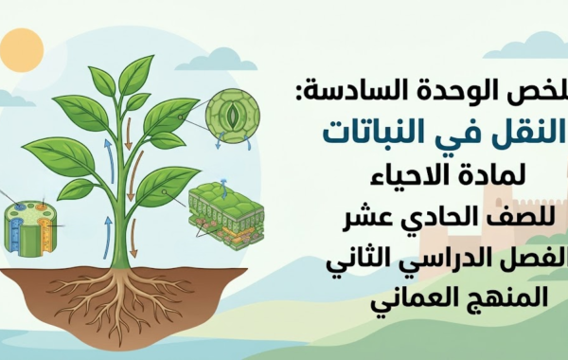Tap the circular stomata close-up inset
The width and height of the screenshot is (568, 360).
point(231,117)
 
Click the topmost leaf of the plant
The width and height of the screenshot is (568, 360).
point(136,74)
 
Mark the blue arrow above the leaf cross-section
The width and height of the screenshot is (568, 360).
point(224,183)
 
